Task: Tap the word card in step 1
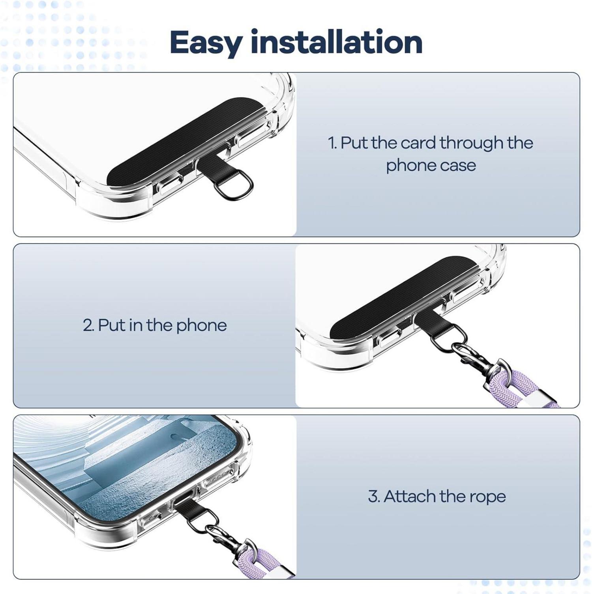pos(418,143)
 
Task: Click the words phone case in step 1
pos(431,166)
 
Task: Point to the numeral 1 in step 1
pos(332,143)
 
